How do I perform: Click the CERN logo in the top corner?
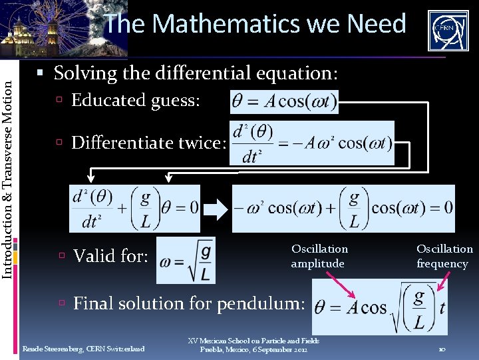click(448, 30)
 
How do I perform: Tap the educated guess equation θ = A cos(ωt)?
click(284, 102)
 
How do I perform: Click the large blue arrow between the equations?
click(216, 209)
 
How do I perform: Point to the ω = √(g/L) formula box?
click(186, 260)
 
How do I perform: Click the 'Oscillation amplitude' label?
click(319, 256)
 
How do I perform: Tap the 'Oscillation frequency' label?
click(444, 256)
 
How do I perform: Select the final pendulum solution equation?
click(380, 307)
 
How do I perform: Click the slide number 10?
click(442, 349)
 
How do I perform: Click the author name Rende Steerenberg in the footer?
click(83, 349)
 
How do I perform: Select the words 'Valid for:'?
click(110, 256)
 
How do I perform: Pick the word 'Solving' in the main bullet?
click(82, 73)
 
